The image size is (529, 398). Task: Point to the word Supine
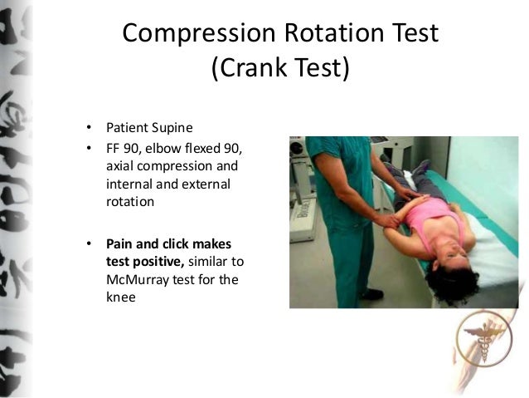click(x=170, y=129)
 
